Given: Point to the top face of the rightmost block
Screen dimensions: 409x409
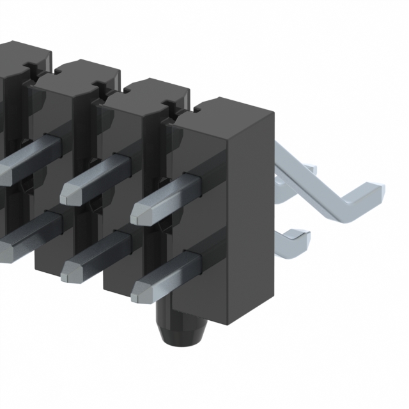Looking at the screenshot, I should pyautogui.click(x=220, y=112).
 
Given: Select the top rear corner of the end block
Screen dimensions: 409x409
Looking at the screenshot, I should pyautogui.click(x=274, y=114).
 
